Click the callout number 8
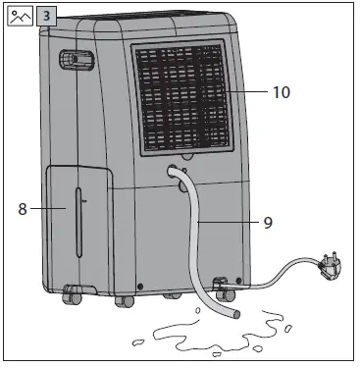[23, 208]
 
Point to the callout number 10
[282, 92]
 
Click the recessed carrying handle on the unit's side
[72, 61]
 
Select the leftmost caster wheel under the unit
[71, 295]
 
